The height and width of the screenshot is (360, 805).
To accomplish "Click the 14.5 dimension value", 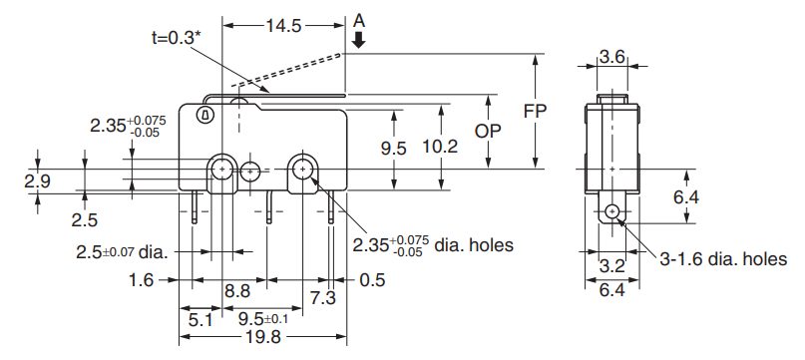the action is tap(283, 26).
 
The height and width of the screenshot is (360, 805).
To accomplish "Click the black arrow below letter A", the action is tap(359, 40).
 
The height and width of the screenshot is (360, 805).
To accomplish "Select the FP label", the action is tap(535, 111).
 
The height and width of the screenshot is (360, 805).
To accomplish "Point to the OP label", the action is tap(487, 132).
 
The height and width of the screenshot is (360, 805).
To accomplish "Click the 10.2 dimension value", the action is tap(440, 148).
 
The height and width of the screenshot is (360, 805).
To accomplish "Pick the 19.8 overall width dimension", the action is tap(263, 337).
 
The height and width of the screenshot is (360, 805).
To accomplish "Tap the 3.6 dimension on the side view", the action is tap(612, 57).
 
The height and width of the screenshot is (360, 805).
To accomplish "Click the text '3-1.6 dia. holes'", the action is tap(723, 259).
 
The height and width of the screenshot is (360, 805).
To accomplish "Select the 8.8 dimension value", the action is tap(237, 292).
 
